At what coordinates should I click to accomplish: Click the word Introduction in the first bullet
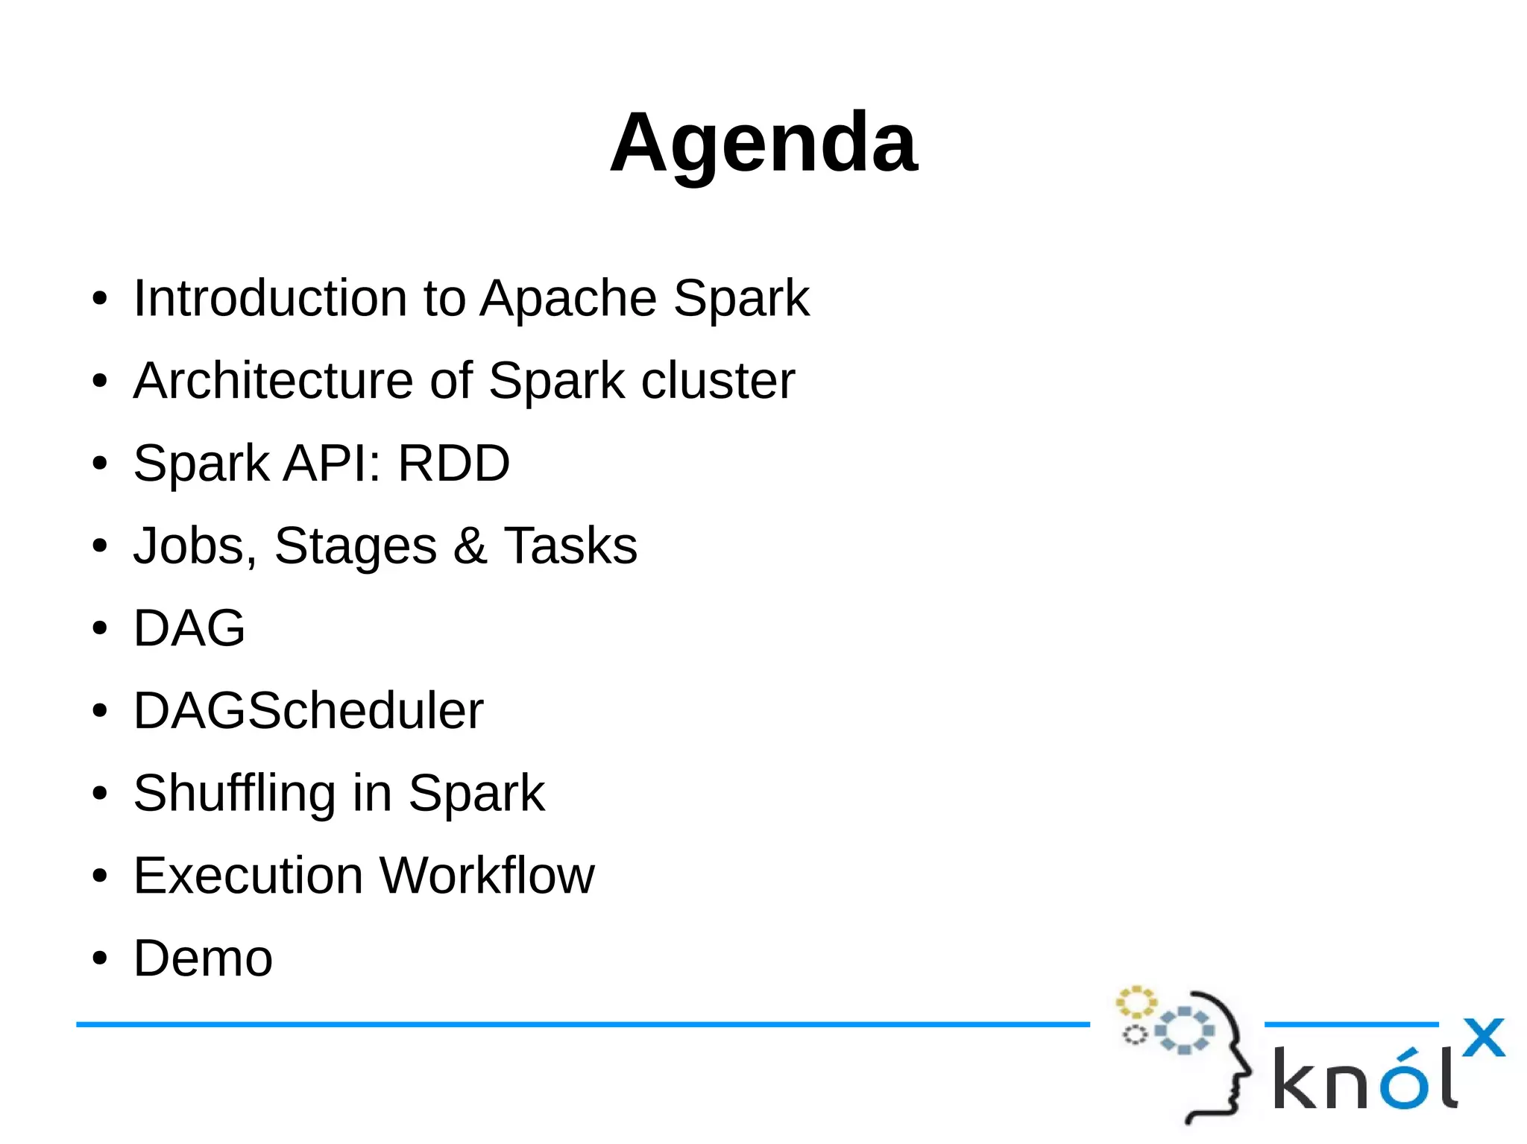(269, 298)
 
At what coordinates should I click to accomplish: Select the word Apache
(567, 298)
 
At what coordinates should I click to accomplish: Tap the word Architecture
(273, 381)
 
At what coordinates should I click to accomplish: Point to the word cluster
(717, 381)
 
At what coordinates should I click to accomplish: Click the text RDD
(453, 464)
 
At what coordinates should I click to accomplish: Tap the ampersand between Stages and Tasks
(470, 546)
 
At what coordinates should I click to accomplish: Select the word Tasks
(570, 546)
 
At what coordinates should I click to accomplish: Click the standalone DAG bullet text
(189, 628)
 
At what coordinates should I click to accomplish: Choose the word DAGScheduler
(308, 711)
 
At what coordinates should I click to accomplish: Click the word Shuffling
(234, 793)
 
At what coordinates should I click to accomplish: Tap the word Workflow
(487, 876)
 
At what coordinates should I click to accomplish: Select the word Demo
(203, 958)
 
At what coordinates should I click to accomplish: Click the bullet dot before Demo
(100, 959)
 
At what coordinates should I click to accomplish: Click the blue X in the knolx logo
(1483, 1037)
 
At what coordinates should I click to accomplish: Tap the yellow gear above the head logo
(1136, 1002)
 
